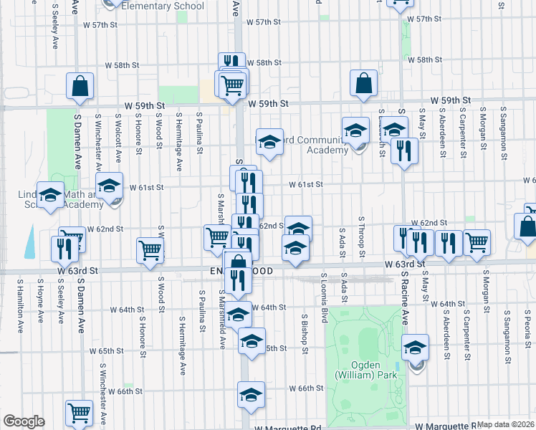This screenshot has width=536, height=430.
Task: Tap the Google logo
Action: (24, 421)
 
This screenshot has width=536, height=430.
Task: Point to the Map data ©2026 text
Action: (506, 424)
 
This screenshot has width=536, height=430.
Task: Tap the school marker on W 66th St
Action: (252, 394)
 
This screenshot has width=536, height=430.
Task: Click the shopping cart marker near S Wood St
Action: (150, 250)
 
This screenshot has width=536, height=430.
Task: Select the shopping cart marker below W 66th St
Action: (79, 412)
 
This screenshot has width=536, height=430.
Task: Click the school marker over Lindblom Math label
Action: (50, 196)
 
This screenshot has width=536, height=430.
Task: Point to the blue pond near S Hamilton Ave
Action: (29, 242)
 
